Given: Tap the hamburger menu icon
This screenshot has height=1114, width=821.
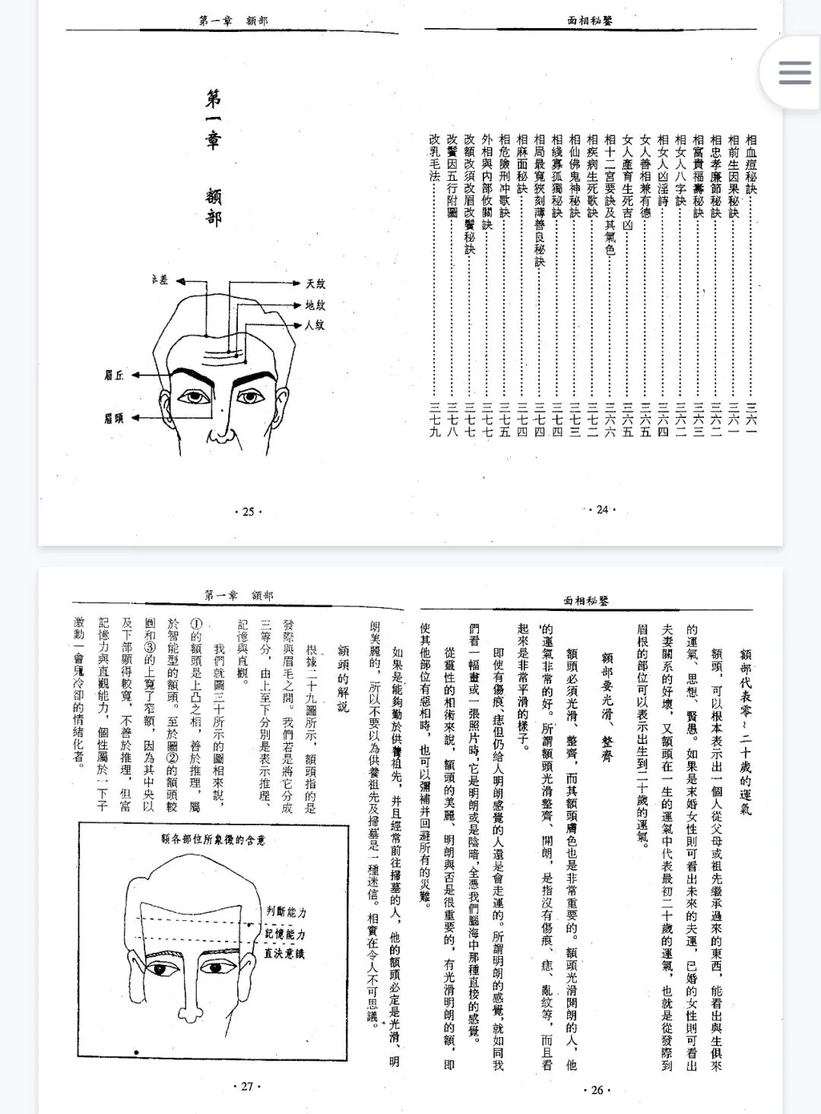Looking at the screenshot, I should pos(794,72).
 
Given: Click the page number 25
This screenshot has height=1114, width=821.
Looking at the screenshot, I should pos(248,511).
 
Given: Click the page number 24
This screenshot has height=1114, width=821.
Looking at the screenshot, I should pos(602,510).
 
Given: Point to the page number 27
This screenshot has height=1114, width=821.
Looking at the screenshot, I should pos(247,1087).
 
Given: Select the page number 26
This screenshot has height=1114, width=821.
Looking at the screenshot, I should pos(597,1090).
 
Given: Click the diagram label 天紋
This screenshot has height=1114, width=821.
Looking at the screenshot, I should pos(315,284).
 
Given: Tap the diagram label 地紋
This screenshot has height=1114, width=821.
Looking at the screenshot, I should pos(315,305).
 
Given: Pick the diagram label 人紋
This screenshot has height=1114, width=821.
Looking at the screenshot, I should pos(315,325).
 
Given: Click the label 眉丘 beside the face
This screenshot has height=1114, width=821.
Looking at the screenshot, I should pos(114,375).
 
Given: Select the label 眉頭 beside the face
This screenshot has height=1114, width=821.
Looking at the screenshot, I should pos(114,419).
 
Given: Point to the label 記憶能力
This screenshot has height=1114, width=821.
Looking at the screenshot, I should pos(285,934).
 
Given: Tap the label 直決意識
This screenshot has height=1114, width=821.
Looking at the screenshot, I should pos(285,953).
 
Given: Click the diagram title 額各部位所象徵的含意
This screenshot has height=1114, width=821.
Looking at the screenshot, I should pos(214,839).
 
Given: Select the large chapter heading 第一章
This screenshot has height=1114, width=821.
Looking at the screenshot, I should pos(214,120).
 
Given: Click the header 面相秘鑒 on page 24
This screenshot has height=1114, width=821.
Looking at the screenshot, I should pos(589,21).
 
